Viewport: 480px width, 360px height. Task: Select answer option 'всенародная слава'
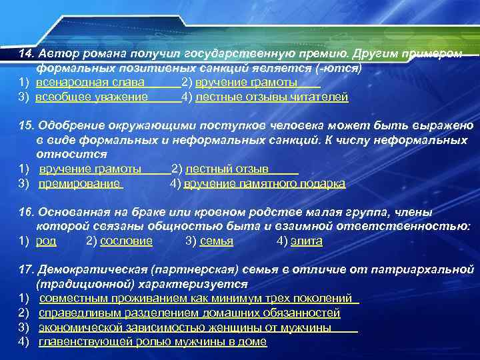point(89,83)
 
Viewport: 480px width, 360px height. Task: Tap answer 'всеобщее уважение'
point(92,97)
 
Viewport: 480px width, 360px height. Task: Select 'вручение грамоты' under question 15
point(90,169)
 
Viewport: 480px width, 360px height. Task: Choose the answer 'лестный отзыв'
point(227,169)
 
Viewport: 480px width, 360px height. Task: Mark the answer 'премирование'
point(79,184)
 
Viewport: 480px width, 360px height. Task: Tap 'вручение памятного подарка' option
point(265,184)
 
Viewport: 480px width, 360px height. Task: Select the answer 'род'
point(46,241)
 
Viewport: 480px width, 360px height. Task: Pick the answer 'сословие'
point(126,241)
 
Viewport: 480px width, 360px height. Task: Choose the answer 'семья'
point(217,241)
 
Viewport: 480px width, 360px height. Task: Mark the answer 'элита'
point(307,241)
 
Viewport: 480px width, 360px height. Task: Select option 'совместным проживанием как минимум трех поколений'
point(195,299)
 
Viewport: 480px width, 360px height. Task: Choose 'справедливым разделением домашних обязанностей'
point(189,313)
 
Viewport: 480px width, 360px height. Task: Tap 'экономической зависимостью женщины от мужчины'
point(185,327)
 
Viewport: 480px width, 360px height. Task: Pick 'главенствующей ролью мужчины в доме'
point(153,342)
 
